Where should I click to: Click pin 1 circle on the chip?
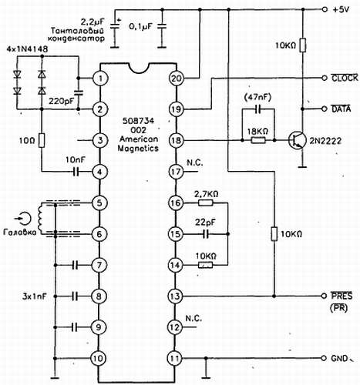100,79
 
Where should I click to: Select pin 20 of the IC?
177,79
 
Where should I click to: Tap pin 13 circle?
175,296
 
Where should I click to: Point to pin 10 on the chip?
99,358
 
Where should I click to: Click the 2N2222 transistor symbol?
298,140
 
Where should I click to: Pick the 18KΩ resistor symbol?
258,140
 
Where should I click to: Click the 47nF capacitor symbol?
258,109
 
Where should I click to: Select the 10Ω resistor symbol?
42,140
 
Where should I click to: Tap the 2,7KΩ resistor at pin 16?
206,203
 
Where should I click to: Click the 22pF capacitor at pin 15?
206,234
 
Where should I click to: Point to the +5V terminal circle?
325,9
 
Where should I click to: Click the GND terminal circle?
325,358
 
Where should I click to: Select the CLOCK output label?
345,78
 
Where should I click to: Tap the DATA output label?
341,109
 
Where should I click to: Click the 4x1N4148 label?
28,49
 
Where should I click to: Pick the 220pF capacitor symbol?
78,93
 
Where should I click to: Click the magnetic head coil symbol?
40,219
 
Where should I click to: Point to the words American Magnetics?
139,143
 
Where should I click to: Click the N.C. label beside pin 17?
194,162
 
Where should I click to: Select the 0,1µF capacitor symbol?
162,26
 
